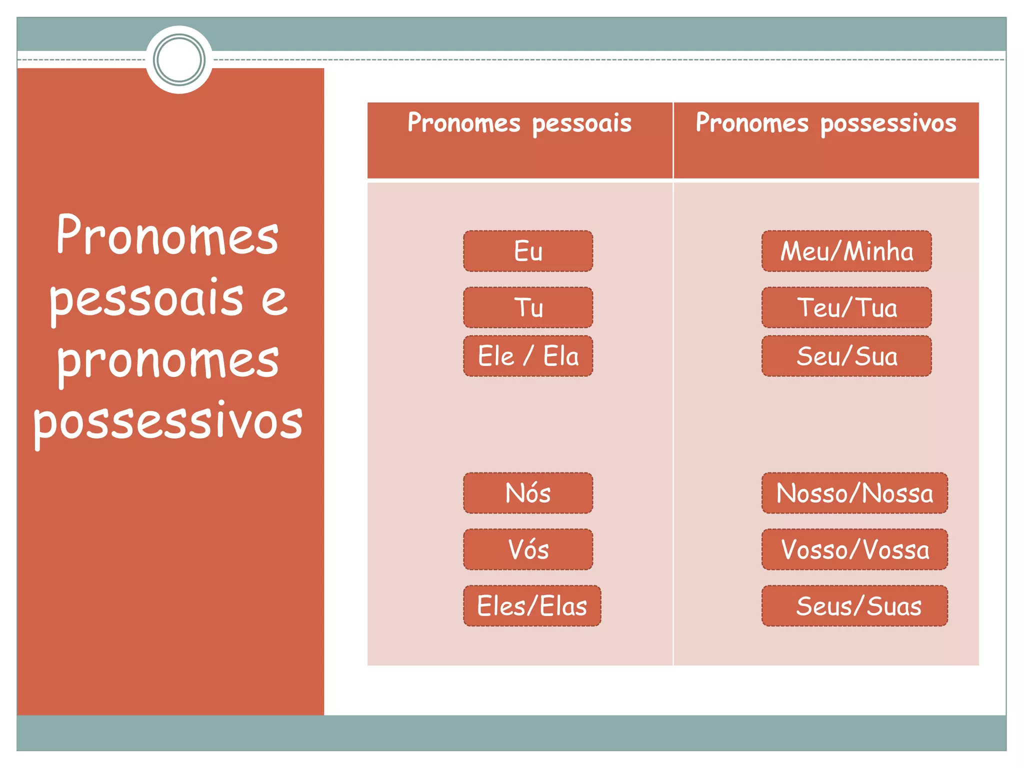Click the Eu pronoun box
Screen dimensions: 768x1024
click(528, 251)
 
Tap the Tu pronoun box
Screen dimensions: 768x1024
click(528, 307)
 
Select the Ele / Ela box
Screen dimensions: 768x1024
click(528, 356)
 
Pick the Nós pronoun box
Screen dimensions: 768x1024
click(528, 493)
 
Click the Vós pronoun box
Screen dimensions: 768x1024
click(528, 549)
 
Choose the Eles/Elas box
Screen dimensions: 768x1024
click(532, 606)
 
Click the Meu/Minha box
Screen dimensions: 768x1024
click(846, 251)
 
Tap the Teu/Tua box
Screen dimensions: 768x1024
click(846, 307)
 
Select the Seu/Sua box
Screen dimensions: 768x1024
click(846, 356)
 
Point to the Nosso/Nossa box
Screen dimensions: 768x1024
click(854, 493)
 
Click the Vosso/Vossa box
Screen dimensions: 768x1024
click(854, 549)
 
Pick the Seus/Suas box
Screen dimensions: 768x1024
click(854, 606)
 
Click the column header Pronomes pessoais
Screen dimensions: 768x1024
click(519, 123)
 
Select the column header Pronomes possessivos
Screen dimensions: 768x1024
click(826, 123)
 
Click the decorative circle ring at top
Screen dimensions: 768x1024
click(179, 60)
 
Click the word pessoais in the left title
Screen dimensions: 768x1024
click(146, 298)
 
